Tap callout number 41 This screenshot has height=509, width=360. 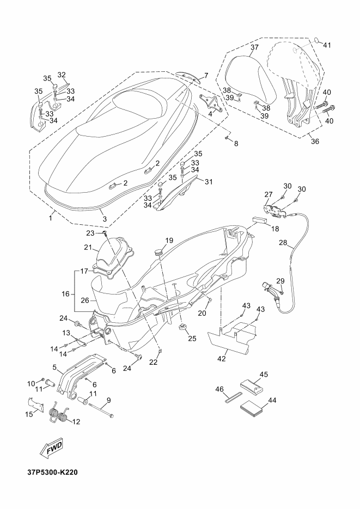tap(327, 45)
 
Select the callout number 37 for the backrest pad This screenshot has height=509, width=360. tap(254, 48)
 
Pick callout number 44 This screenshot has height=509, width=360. tap(272, 400)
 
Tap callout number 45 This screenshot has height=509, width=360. tap(264, 375)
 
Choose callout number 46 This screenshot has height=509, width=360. tap(220, 389)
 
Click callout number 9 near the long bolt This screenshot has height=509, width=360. tap(108, 400)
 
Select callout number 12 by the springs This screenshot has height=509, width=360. tap(75, 421)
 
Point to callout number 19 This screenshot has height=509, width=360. tap(169, 240)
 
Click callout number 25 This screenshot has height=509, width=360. tap(191, 339)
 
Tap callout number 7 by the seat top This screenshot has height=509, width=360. tap(206, 75)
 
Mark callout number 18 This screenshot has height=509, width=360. tap(276, 229)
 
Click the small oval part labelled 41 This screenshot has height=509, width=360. tap(316, 40)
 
